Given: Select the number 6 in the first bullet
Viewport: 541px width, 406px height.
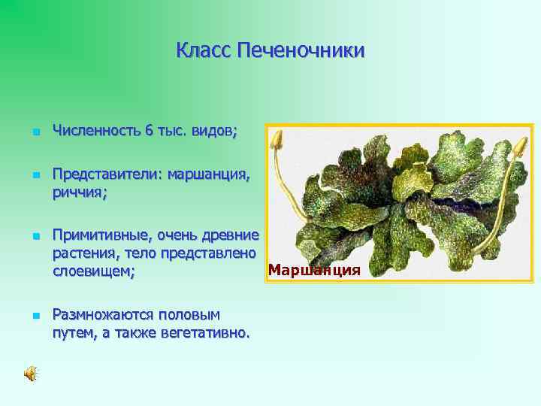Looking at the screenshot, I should [x=150, y=131].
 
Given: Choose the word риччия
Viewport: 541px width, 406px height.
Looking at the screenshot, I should [x=79, y=192].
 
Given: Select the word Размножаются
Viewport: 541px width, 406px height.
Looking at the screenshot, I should [x=102, y=314].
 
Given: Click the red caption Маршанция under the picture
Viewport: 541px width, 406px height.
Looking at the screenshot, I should [x=314, y=270].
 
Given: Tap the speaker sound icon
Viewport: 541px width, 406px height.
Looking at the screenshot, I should [x=31, y=374].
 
